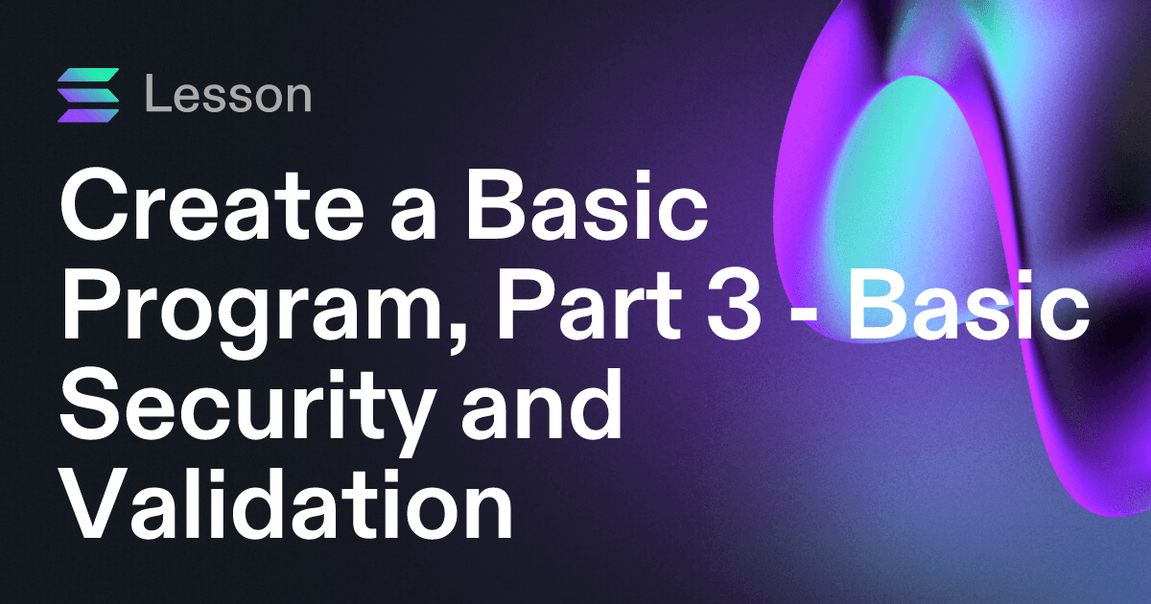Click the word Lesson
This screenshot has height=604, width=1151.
pyautogui.click(x=228, y=94)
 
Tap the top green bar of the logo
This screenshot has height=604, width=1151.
pyautogui.click(x=88, y=75)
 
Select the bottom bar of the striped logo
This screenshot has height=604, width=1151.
pyautogui.click(x=88, y=116)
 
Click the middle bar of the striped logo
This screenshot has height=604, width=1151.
pyautogui.click(x=88, y=96)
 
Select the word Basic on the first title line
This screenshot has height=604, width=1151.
pyautogui.click(x=586, y=204)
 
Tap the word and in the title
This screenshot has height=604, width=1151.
pyautogui.click(x=541, y=405)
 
